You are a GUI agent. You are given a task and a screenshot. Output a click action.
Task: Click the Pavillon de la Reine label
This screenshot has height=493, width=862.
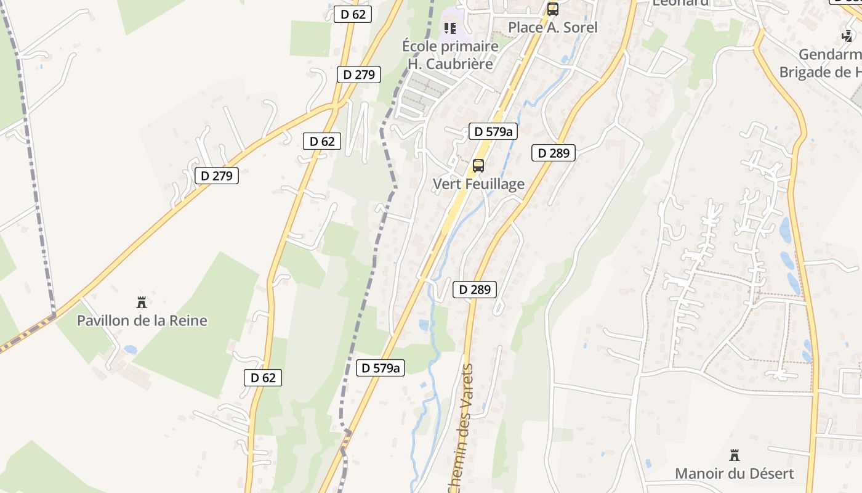click(142, 320)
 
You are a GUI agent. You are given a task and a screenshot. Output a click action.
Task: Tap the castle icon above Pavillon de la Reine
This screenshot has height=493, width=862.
click(142, 302)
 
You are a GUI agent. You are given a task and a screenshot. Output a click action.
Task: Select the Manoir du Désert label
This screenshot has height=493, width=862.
click(734, 473)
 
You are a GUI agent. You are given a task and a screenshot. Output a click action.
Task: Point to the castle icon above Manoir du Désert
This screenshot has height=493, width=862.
click(734, 455)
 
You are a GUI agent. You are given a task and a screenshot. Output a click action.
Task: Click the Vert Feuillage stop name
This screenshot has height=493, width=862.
click(478, 184)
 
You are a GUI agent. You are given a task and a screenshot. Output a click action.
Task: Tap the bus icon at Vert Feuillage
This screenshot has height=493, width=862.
click(478, 166)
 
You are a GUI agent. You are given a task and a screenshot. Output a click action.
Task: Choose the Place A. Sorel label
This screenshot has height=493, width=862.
click(552, 27)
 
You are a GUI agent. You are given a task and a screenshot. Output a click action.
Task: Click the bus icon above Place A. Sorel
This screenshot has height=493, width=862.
click(552, 9)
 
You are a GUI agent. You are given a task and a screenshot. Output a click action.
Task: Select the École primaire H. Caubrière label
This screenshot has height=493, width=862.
click(449, 55)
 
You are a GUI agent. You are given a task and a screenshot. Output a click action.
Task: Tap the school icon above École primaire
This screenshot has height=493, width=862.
click(450, 28)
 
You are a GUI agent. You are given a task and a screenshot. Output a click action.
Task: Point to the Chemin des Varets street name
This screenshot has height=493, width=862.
click(461, 428)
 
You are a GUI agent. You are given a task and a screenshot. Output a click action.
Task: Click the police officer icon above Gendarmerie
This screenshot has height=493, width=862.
click(847, 36)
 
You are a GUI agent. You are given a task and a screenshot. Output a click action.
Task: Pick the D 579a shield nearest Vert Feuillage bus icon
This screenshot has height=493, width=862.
click(493, 131)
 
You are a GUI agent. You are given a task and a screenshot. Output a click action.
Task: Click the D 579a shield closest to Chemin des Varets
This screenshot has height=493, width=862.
click(381, 368)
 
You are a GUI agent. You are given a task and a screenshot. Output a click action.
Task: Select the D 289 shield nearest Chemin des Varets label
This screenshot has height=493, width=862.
click(474, 289)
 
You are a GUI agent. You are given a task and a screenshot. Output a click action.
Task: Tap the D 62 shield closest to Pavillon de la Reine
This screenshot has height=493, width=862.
click(263, 378)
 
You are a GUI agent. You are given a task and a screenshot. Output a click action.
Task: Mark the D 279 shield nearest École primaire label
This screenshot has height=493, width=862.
click(359, 75)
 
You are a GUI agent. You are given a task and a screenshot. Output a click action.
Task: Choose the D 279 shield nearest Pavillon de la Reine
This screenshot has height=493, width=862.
click(217, 176)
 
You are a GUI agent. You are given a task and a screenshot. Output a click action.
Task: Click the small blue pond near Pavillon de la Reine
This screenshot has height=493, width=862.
click(131, 349)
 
